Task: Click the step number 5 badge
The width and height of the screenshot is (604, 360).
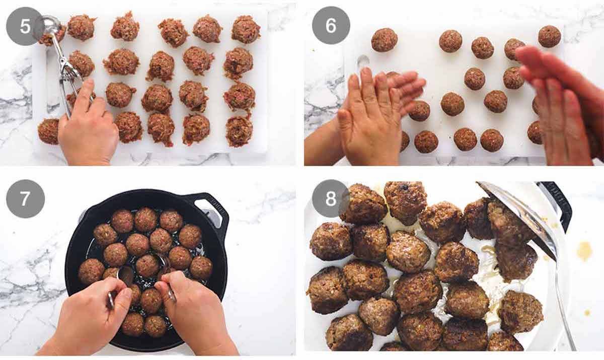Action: [x=25, y=26]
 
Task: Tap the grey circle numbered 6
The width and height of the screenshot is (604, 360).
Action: [x=331, y=26]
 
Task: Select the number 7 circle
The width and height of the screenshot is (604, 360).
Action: [x=25, y=198]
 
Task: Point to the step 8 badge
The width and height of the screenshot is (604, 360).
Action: [x=331, y=198]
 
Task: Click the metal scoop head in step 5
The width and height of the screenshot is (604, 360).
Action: [x=51, y=26]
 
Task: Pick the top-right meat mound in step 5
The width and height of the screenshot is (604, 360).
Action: [x=246, y=29]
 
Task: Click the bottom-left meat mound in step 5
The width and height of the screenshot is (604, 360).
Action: [x=48, y=131]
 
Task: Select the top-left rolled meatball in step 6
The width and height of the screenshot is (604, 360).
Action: [x=384, y=40]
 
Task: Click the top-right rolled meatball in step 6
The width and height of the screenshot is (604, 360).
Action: [x=549, y=36]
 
